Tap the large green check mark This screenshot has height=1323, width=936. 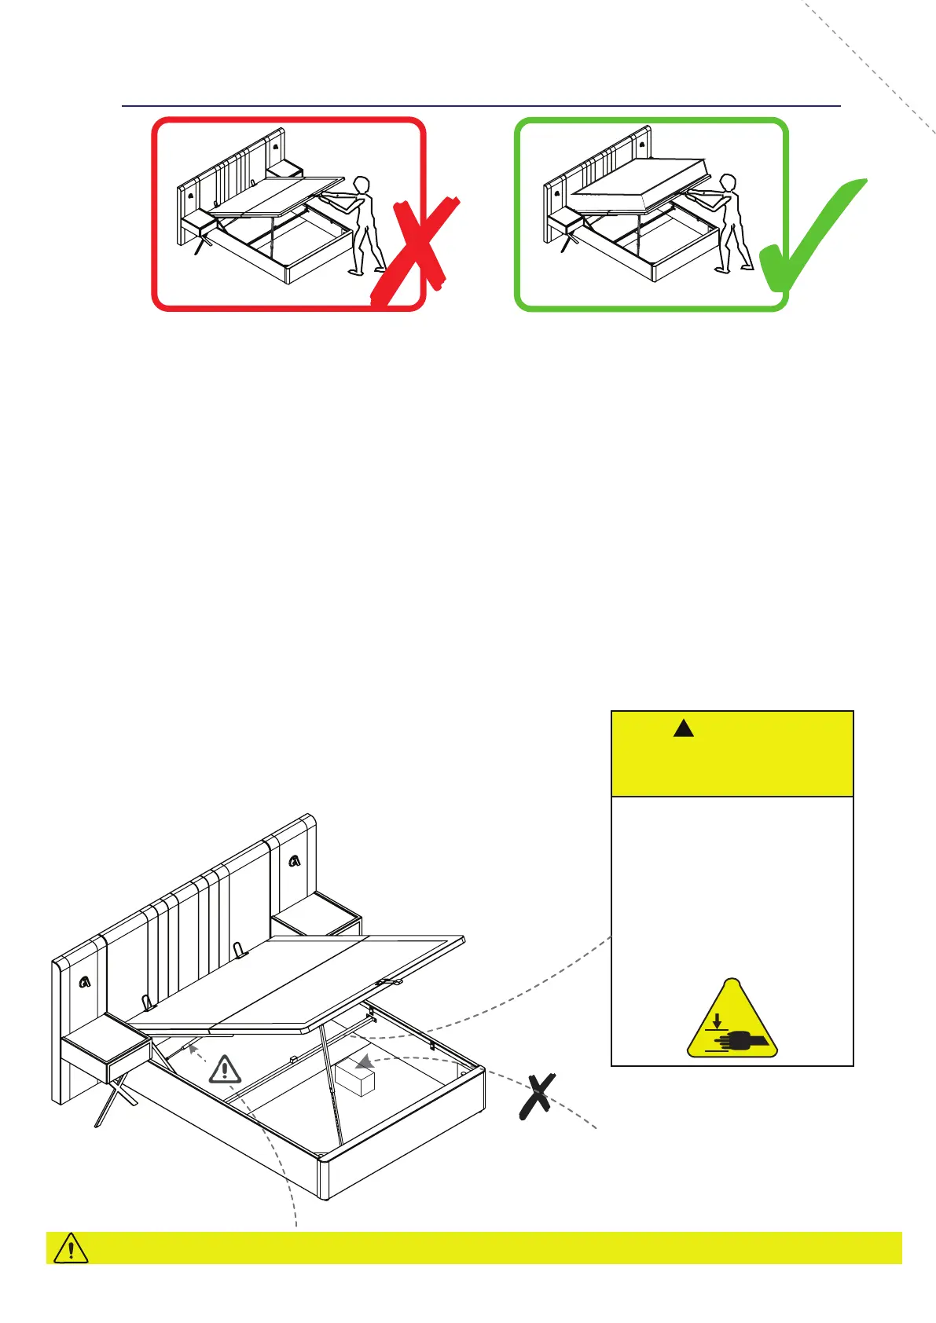coord(809,240)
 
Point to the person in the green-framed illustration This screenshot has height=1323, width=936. coord(729,225)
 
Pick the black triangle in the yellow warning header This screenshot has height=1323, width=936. coord(684,728)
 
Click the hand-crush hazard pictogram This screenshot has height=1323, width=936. coord(732,1021)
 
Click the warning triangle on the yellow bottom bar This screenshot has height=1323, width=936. coord(71,1248)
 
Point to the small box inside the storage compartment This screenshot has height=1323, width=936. coord(355,1079)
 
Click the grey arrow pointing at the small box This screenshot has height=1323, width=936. coord(363,1062)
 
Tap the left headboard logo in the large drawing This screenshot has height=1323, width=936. coord(85,981)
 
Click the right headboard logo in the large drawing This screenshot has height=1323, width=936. coord(294,861)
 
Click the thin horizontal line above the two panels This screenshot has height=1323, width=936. coord(481,105)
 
